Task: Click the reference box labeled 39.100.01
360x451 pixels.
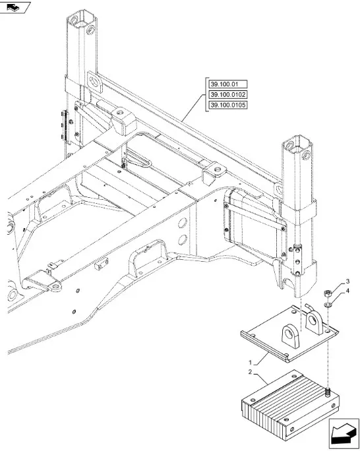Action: (x=228, y=84)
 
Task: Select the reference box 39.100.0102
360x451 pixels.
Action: (x=228, y=95)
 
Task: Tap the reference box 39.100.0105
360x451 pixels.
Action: (x=228, y=105)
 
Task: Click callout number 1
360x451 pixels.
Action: (x=250, y=362)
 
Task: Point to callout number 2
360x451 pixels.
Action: (x=250, y=372)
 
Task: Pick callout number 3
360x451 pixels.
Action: (x=347, y=281)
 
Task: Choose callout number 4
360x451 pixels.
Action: (x=347, y=291)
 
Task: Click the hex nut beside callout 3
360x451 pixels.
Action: (x=328, y=293)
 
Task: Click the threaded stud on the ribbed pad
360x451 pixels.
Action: (x=328, y=391)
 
